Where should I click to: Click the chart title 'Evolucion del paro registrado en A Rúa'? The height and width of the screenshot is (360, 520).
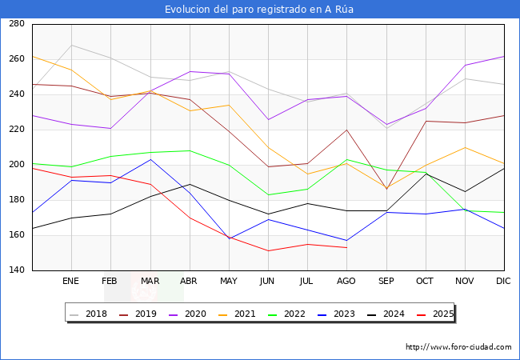click(x=259, y=10)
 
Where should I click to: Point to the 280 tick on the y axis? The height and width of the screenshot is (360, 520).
click(x=15, y=24)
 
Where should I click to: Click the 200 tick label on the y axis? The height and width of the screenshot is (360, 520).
click(x=15, y=165)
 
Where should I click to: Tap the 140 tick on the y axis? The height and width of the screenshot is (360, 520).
click(x=15, y=270)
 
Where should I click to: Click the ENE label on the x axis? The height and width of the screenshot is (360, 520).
click(x=71, y=282)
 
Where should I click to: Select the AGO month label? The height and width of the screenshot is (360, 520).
click(x=346, y=282)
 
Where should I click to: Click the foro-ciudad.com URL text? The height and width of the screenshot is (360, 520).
click(x=458, y=347)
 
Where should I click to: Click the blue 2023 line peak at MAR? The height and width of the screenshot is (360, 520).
click(x=150, y=159)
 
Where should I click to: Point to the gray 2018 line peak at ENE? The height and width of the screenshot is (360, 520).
click(x=71, y=45)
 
